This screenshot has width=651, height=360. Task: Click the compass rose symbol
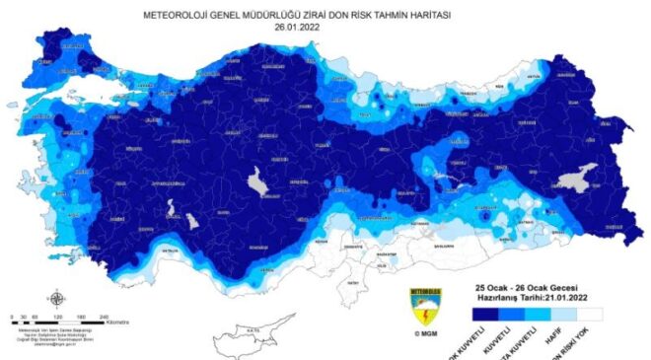pos(56,299)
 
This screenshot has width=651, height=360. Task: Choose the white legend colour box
pos(615,315)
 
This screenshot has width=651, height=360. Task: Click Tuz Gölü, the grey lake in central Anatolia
pos(261,182)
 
